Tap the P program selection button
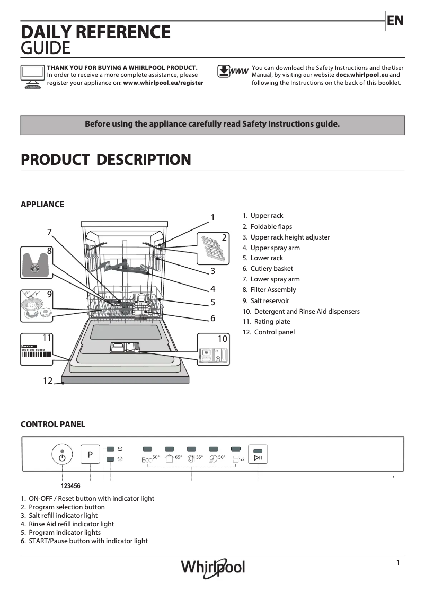[90, 455]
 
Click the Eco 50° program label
[150, 459]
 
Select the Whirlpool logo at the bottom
[213, 567]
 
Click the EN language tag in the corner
[395, 21]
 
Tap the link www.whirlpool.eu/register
[163, 83]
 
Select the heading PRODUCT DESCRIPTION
[105, 160]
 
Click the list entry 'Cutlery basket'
[271, 269]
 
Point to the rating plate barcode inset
[37, 350]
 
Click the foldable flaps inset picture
[214, 248]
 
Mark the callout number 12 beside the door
[48, 380]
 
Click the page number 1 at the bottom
[398, 563]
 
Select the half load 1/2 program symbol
[238, 458]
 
